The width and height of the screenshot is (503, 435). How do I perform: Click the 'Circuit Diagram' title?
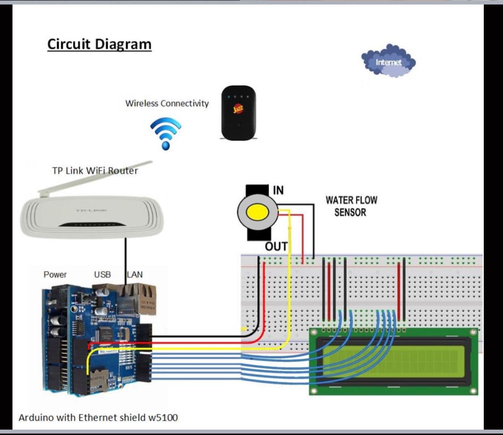pyautogui.click(x=99, y=44)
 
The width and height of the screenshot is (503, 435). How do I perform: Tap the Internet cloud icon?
pyautogui.click(x=388, y=61)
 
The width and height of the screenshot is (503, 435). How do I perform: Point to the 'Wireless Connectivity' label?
pyautogui.click(x=167, y=103)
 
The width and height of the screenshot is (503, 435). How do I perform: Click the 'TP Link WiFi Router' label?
pyautogui.click(x=95, y=171)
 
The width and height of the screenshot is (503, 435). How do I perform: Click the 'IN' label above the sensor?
pyautogui.click(x=278, y=190)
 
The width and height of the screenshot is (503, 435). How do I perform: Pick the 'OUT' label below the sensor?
pyautogui.click(x=276, y=247)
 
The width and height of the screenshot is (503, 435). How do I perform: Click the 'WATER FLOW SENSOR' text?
pyautogui.click(x=351, y=206)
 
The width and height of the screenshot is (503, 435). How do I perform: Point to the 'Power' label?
pyautogui.click(x=55, y=274)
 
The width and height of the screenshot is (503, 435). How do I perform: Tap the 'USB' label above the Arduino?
pyautogui.click(x=102, y=274)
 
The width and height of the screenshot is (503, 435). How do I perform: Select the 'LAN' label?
pyautogui.click(x=135, y=274)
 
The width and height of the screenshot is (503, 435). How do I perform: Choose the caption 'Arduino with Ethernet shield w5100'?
pyautogui.click(x=98, y=418)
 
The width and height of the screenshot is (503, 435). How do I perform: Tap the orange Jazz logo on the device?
pyautogui.click(x=238, y=109)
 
